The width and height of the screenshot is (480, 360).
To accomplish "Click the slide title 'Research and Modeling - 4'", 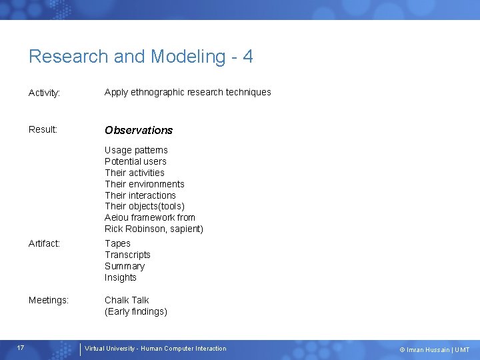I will coord(141,57).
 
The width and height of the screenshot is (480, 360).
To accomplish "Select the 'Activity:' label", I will coord(45,93).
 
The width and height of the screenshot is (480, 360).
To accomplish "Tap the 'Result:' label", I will coord(43,129).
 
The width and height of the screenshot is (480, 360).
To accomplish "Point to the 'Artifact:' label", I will coord(44,244).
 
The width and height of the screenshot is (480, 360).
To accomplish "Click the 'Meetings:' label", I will coord(49,301).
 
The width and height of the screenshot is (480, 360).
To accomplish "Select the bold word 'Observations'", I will coord(139,130).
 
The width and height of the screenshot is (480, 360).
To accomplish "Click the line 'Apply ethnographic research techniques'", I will coord(187,92).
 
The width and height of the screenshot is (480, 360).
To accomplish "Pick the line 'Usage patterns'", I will coord(136,150).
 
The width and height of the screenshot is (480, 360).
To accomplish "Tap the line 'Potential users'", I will coord(135,161).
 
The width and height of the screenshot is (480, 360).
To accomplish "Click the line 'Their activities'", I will coord(134,173).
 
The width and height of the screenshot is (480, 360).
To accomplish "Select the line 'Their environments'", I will coord(144,184).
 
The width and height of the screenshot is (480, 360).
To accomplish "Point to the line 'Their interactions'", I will coord(140,195).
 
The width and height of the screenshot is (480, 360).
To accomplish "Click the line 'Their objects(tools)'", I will coord(144,206).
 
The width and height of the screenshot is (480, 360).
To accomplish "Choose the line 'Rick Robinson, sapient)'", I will coord(153,229).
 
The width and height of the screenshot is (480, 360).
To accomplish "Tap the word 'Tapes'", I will coord(117,243).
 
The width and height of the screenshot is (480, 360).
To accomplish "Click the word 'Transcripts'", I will coord(127,255).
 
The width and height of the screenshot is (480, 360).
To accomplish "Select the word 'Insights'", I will coord(120,277).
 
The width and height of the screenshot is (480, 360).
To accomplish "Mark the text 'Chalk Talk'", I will coord(127,300).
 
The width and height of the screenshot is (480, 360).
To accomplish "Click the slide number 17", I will coord(21,348).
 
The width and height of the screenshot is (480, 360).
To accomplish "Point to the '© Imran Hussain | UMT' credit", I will coord(434,349).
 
